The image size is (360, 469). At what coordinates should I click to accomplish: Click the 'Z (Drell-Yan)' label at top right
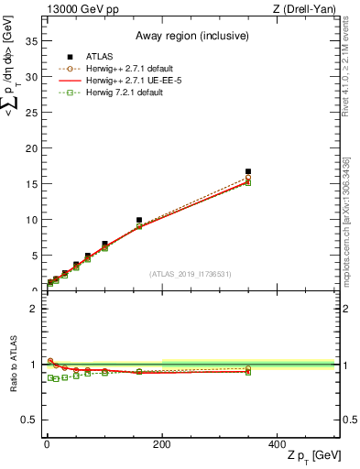tap(307, 9)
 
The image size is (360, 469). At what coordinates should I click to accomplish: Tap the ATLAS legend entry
tap(89, 57)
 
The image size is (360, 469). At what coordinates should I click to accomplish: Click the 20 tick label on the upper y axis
tap(31, 148)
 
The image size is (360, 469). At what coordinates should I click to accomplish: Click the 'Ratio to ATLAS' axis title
tap(13, 365)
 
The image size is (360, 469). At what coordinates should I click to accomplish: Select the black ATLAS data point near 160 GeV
tap(139, 220)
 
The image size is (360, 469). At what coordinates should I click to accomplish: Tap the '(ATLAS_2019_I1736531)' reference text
tap(190, 274)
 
